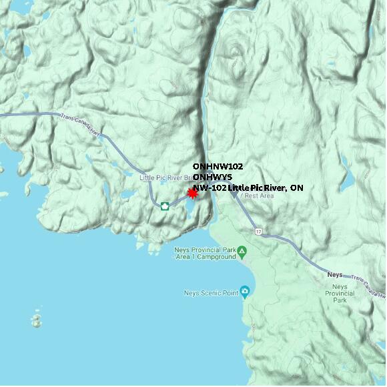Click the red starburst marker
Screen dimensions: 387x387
point(193,193)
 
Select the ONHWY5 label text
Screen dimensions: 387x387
point(212,177)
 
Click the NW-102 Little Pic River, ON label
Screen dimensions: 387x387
point(248,188)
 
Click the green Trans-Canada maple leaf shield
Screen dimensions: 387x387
point(164,205)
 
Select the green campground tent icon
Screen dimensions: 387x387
point(242,252)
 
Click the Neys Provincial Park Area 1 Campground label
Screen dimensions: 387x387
point(205,253)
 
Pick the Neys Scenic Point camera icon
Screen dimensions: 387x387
point(245,292)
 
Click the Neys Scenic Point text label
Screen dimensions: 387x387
point(211,292)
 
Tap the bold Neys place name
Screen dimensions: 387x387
point(335,274)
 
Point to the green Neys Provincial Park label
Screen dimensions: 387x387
point(340,294)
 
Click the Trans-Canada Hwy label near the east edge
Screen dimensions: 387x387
point(366,286)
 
